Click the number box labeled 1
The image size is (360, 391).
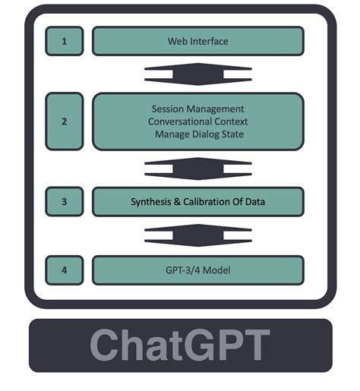[x=64, y=41]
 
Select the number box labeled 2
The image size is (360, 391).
[x=64, y=121]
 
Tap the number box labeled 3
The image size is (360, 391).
[x=64, y=201]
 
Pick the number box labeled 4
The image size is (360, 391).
[x=64, y=270]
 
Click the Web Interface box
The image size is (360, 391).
[x=197, y=41]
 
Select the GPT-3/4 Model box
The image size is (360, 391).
[x=197, y=270]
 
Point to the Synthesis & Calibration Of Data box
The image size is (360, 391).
[x=197, y=201]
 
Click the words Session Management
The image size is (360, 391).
[x=198, y=108]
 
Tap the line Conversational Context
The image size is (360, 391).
[x=198, y=121]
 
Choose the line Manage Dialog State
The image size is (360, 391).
[x=198, y=135]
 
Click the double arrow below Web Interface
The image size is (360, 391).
[x=197, y=74]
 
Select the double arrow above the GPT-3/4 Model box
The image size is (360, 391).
[x=197, y=235]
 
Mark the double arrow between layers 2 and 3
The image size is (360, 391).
[x=197, y=168]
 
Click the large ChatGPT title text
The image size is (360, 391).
[x=180, y=346]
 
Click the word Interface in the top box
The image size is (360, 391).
[x=207, y=41]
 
